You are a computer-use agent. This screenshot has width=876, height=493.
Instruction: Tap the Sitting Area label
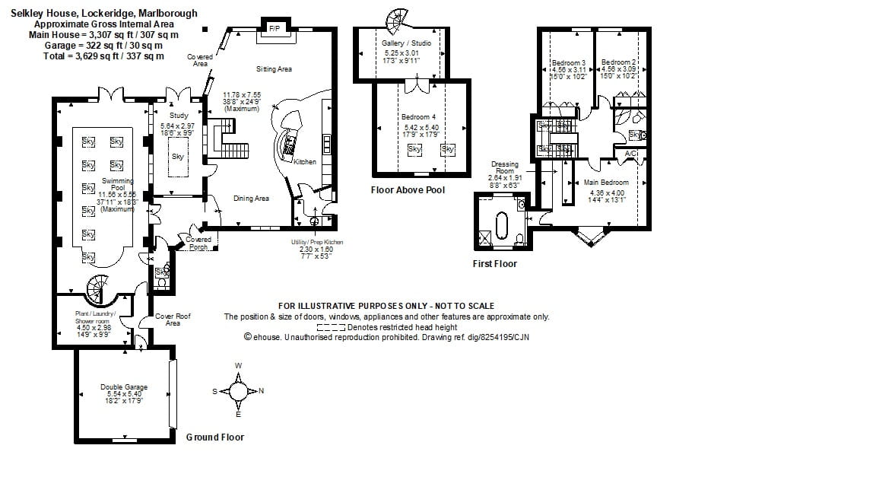click(x=274, y=69)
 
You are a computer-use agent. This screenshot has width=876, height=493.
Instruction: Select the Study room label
click(x=179, y=116)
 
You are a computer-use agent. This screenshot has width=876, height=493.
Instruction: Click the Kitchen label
click(x=305, y=161)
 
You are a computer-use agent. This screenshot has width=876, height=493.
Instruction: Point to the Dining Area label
click(x=251, y=199)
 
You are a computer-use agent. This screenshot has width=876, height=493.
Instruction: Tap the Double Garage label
click(x=124, y=387)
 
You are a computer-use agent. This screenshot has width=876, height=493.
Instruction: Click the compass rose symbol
click(x=238, y=392)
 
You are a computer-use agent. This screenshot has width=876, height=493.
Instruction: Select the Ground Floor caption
click(x=215, y=437)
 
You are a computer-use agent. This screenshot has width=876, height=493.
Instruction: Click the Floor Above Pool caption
click(x=408, y=189)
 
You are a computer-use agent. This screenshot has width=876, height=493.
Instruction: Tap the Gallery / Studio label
click(x=407, y=44)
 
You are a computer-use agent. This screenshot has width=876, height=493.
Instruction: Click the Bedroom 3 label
click(x=568, y=62)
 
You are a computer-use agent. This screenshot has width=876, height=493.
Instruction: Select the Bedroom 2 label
click(x=617, y=62)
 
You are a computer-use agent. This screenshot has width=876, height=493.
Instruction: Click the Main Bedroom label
click(x=606, y=183)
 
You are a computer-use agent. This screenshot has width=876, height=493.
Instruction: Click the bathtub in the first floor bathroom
click(x=502, y=227)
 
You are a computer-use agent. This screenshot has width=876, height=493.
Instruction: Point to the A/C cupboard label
click(x=630, y=154)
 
